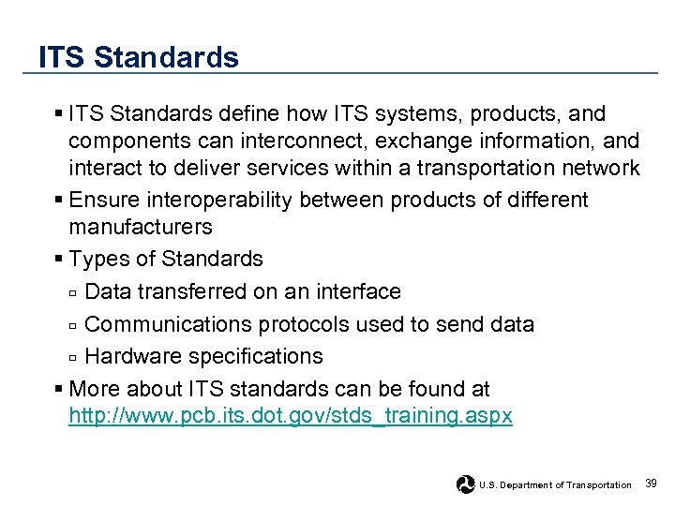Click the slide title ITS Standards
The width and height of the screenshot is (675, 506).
139,57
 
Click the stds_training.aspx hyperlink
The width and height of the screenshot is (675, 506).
291,416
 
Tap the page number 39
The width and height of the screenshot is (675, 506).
652,483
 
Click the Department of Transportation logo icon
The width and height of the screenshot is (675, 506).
465,484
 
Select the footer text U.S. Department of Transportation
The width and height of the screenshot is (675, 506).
555,484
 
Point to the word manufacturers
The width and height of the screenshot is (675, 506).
141,227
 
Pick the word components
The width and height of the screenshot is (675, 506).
127,141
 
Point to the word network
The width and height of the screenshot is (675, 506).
600,168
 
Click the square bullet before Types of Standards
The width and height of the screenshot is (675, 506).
59,258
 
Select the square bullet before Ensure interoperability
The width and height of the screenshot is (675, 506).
59,199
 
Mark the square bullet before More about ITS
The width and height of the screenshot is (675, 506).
59,387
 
